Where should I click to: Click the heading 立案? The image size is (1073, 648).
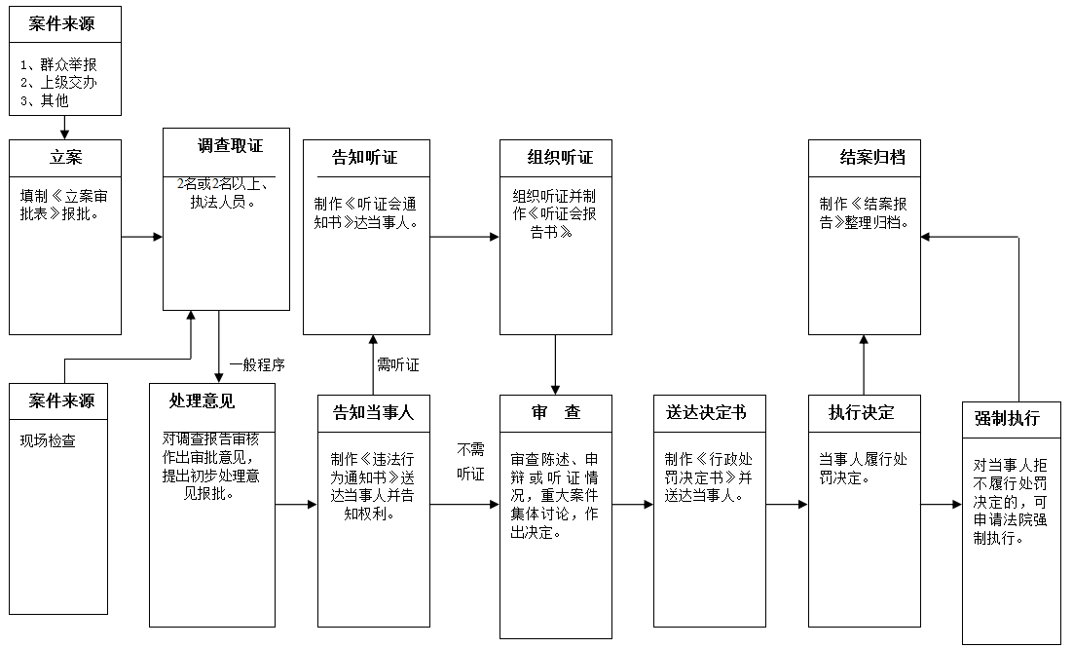tap(65, 158)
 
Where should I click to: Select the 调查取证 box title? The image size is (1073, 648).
tap(230, 146)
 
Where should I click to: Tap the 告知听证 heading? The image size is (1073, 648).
tap(365, 158)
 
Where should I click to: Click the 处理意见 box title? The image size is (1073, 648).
tap(202, 400)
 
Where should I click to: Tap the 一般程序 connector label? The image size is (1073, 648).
tap(257, 365)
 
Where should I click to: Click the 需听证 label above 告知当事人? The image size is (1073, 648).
tap(397, 365)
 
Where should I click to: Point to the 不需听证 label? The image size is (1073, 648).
tap(470, 461)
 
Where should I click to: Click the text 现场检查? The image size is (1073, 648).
tap(48, 440)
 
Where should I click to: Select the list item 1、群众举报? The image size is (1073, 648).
tap(58, 64)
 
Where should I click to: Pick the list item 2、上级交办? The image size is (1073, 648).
tap(58, 82)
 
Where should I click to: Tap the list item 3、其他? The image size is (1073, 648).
tap(45, 99)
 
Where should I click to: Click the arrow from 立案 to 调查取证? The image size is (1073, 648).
tap(142, 237)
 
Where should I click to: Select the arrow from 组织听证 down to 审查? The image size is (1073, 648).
tap(555, 364)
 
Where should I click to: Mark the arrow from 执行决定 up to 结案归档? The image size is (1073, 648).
tap(864, 364)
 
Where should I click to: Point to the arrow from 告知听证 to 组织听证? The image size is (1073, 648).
tap(464, 237)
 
